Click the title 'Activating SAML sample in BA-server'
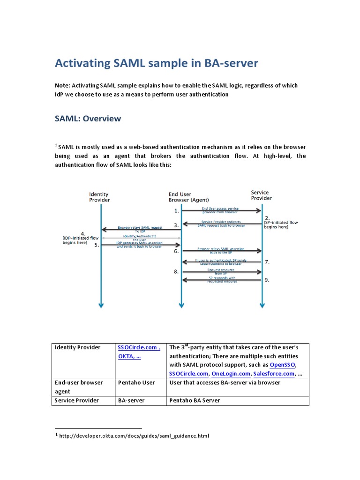[x=157, y=63]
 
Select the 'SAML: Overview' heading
[x=88, y=119]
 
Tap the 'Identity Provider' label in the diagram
[x=99, y=197]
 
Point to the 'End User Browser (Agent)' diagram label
[x=182, y=197]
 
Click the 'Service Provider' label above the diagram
[x=261, y=195]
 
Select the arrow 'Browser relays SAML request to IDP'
[x=141, y=229]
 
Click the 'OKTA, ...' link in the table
[x=130, y=356]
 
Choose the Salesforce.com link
[x=274, y=374]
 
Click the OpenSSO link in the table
[x=283, y=365]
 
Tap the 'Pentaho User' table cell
[x=136, y=382]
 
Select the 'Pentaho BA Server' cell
[x=194, y=400]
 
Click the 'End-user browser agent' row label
[x=78, y=387]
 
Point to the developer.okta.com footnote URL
[x=134, y=435]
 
